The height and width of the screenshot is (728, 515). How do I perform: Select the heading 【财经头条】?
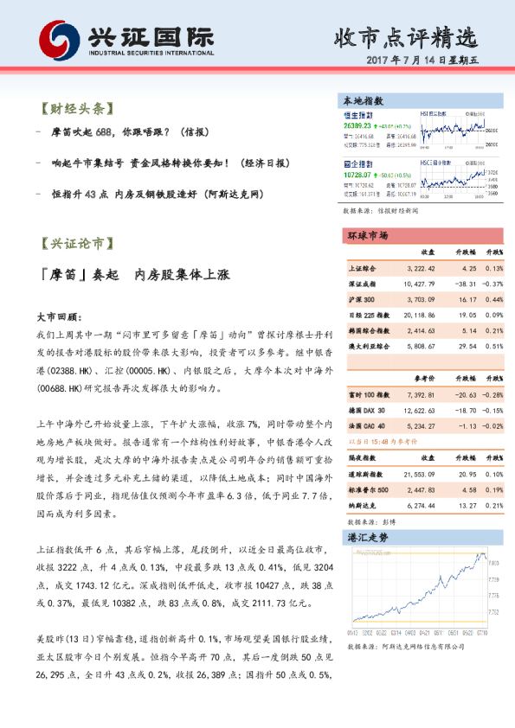[75, 110]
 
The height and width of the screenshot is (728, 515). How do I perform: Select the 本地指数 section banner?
[364, 101]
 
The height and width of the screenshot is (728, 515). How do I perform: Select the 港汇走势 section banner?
[368, 537]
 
